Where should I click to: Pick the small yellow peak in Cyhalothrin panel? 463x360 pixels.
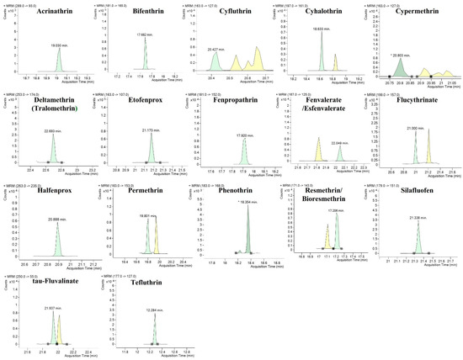coord(334,66)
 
